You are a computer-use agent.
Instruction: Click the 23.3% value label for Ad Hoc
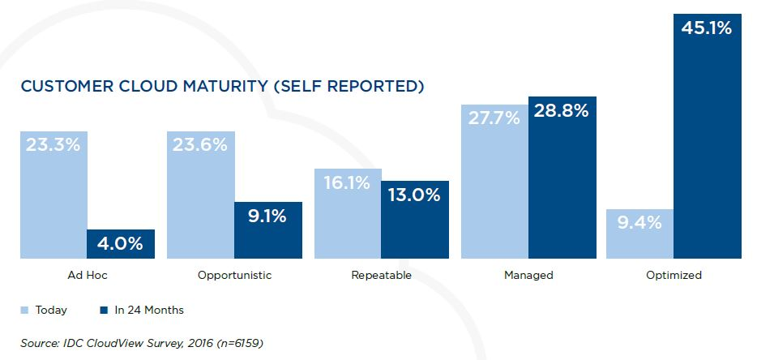(53, 145)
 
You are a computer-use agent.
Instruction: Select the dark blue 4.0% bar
(121, 244)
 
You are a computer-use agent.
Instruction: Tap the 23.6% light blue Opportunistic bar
(200, 195)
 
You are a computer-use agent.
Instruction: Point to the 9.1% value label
(268, 216)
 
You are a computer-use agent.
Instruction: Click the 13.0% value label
(415, 195)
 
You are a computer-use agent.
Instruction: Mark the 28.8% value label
(562, 112)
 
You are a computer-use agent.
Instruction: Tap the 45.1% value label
(707, 28)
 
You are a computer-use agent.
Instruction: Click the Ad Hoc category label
(87, 276)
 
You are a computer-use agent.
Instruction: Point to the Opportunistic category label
(234, 276)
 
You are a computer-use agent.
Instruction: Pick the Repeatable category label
(381, 276)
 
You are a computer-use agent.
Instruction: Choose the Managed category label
(528, 276)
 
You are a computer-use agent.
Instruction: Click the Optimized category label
(674, 276)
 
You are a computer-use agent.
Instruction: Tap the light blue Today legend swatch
(24, 310)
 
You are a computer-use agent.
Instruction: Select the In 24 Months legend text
(148, 310)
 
